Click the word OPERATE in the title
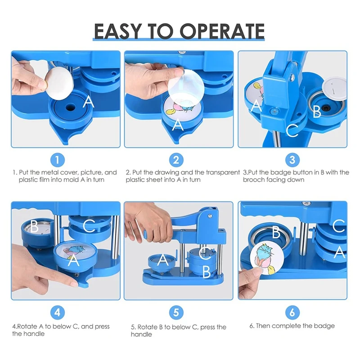pos(222,31)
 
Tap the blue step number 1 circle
pos(58,160)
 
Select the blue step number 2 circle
pos(176,160)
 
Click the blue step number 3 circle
pos(292,160)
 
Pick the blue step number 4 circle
pos(58,312)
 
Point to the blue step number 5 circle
pos(176,312)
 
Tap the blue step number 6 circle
pos(292,312)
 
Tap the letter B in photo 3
pos(317,111)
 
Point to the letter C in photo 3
pos(292,130)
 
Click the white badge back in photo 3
pos(334,88)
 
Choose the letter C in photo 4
pos(89,226)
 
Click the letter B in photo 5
pos(207,272)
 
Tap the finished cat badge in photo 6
pos(267,258)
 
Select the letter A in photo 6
pos(340,252)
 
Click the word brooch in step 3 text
pos(253,180)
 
